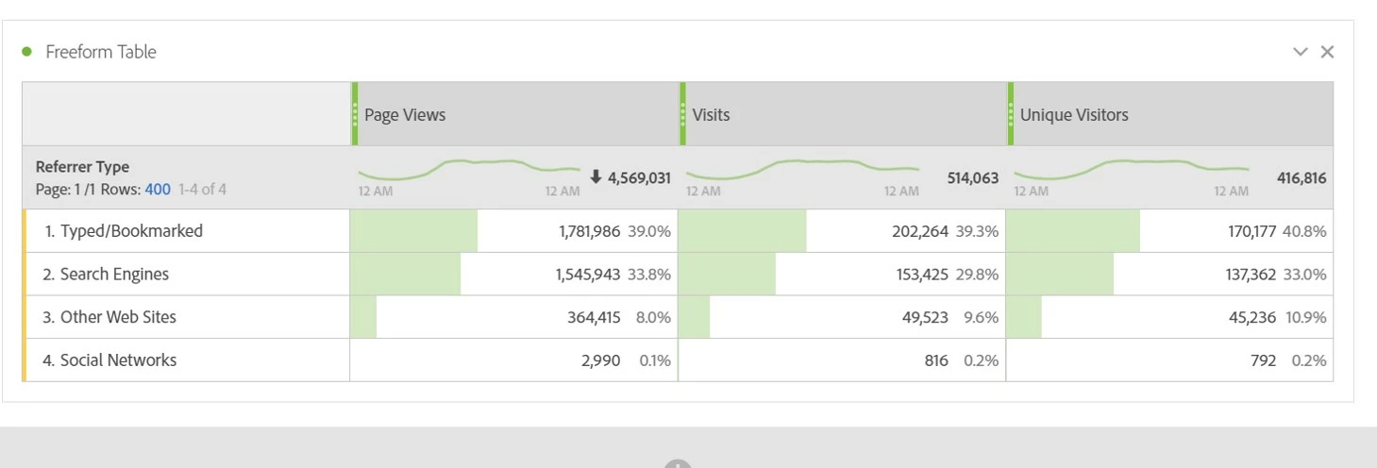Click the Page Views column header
(405, 115)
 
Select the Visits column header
(711, 115)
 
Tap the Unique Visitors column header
(1074, 115)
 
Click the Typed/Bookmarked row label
(131, 231)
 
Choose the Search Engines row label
(114, 275)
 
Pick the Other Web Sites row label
(118, 317)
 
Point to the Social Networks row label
(118, 360)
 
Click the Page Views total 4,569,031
(639, 177)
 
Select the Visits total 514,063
(972, 177)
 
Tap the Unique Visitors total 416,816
(1301, 177)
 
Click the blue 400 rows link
(158, 189)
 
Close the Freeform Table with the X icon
(1327, 52)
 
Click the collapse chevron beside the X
(1301, 52)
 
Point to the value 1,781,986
(590, 231)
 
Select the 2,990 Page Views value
(601, 360)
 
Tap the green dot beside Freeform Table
(26, 52)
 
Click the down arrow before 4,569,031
(596, 177)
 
